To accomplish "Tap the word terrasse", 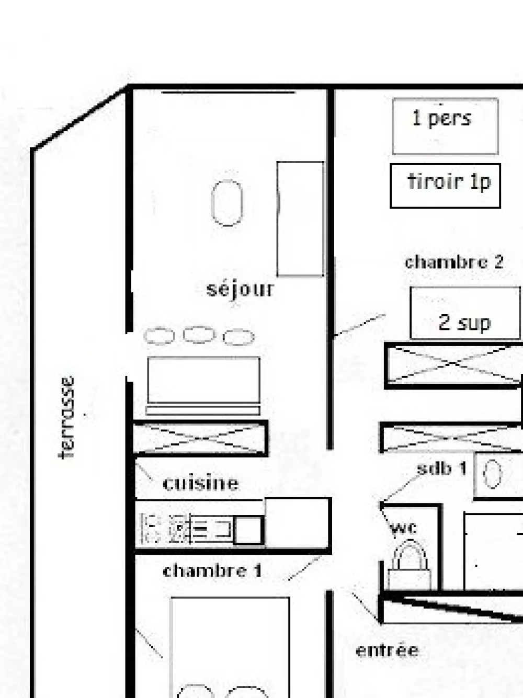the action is point(67,418).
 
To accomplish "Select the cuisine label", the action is point(201,483).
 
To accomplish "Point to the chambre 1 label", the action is point(212,570).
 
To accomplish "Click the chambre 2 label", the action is point(454,262).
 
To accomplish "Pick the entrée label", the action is point(387,650).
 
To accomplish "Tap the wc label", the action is point(403,529).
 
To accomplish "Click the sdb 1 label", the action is point(441,468).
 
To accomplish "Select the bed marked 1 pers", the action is point(445,126).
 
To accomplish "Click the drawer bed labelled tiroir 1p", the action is point(445,186).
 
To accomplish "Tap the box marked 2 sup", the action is point(465,313).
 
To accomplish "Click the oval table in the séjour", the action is point(227,203).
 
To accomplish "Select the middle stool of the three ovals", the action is point(199,335).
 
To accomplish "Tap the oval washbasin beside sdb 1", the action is point(493,474).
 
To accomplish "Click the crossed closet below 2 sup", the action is point(453,365).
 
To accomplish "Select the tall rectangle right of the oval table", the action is point(300,219).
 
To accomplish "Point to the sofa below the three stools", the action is point(203,386).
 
